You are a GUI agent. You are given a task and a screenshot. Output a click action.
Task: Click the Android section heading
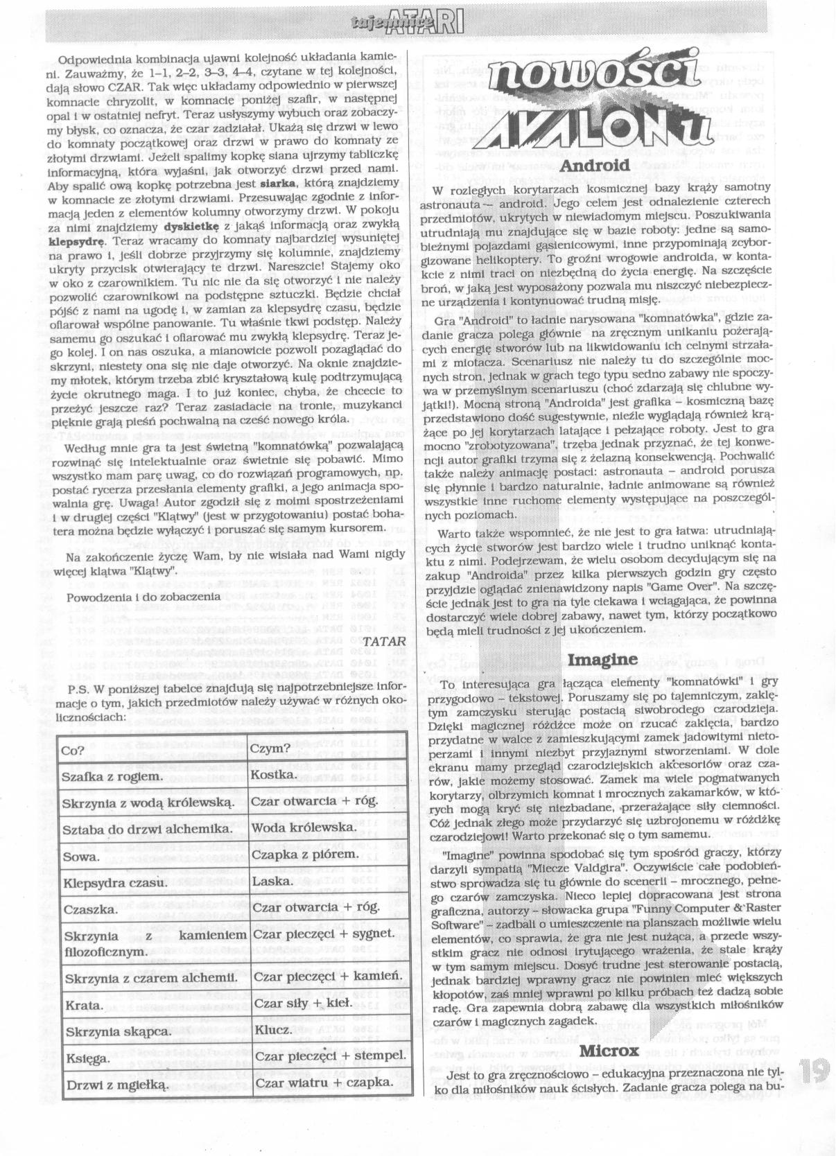595,165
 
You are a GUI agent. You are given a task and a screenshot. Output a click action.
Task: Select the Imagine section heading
602,658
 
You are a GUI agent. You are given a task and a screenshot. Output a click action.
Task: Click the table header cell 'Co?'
73,749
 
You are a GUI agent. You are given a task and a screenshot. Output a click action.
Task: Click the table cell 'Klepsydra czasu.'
114,883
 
